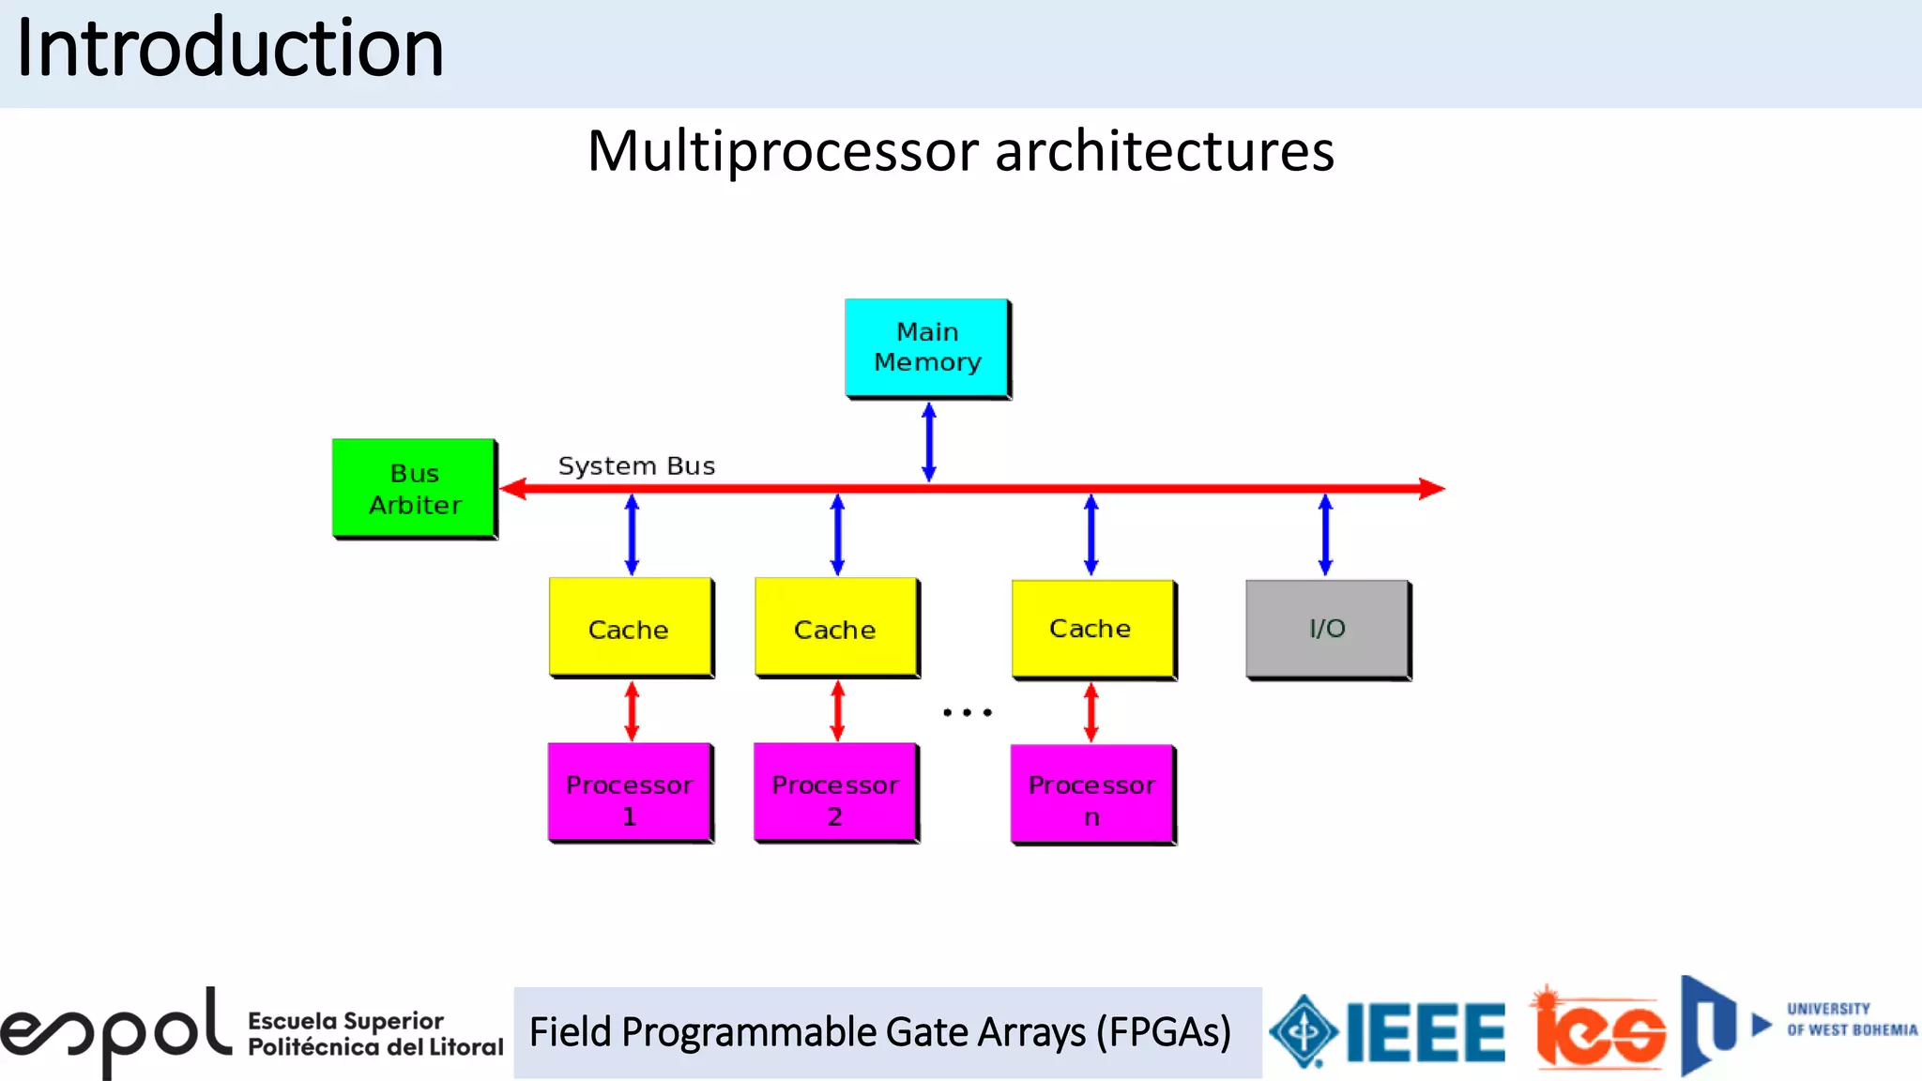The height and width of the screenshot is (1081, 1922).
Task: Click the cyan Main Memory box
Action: (x=927, y=348)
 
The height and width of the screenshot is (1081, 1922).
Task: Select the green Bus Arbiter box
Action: (x=414, y=488)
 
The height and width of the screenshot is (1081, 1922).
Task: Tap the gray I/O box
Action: (x=1327, y=629)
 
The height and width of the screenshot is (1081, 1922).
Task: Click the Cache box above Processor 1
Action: (x=630, y=627)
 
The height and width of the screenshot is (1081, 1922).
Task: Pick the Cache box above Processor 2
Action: (x=835, y=627)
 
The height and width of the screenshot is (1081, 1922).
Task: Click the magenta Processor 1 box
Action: (x=629, y=793)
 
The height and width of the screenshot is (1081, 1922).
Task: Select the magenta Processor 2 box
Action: (x=835, y=793)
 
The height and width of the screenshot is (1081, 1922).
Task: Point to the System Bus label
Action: (x=636, y=466)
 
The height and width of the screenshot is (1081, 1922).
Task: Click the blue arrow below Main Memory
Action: (x=929, y=442)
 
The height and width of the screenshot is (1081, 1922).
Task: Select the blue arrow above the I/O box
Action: (x=1325, y=535)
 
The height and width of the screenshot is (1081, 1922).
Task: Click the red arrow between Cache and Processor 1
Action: (x=632, y=711)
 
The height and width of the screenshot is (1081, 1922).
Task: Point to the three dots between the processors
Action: (x=967, y=713)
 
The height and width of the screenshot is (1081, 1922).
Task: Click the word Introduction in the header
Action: (x=230, y=49)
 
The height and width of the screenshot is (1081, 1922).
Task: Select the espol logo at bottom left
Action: (x=117, y=1032)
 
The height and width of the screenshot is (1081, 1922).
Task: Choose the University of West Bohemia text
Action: (x=1851, y=1020)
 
